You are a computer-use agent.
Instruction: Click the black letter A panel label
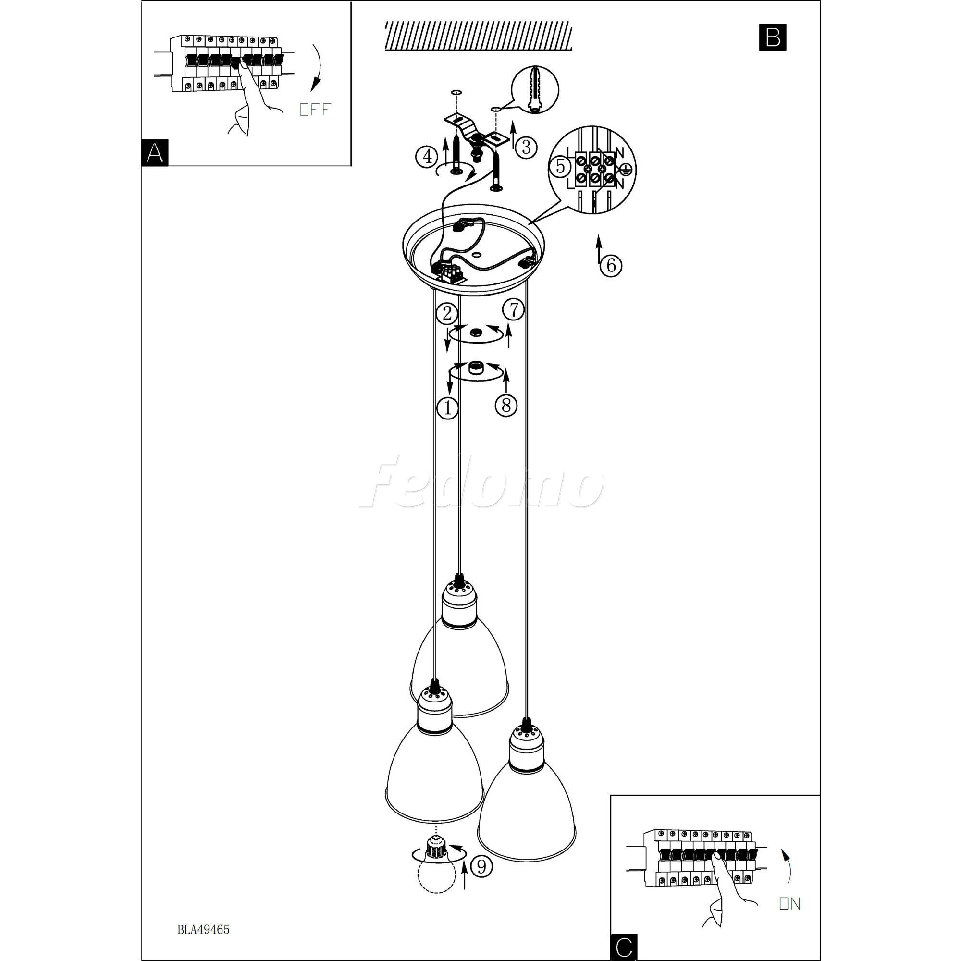(x=155, y=152)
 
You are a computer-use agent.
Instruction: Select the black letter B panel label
(x=773, y=38)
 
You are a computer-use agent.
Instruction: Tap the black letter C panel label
(x=624, y=947)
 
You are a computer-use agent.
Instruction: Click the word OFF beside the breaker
(x=314, y=110)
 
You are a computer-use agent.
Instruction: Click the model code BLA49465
(x=203, y=930)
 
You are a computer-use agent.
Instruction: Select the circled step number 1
(x=447, y=408)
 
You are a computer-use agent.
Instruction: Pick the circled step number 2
(x=447, y=314)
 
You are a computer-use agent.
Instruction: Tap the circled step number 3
(x=526, y=147)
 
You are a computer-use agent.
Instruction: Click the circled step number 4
(x=427, y=157)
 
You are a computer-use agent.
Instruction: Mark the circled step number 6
(x=611, y=265)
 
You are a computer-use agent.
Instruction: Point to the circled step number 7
(x=513, y=310)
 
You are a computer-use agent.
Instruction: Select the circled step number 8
(x=506, y=406)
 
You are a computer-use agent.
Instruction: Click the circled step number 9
(x=481, y=867)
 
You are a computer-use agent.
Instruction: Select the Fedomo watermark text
(x=481, y=481)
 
